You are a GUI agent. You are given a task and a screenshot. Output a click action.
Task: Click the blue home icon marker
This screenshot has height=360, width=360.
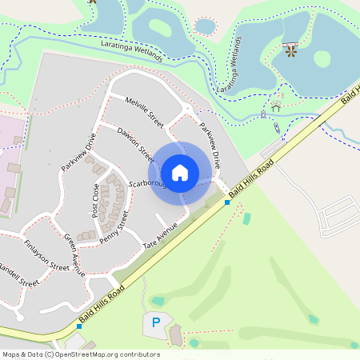click(x=180, y=173)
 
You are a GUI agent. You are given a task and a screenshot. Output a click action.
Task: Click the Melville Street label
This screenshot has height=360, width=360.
click(x=145, y=113)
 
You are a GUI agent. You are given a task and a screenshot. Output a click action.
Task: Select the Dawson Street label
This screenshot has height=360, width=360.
click(x=134, y=141)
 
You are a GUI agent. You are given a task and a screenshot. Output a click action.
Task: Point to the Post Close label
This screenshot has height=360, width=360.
click(x=95, y=201)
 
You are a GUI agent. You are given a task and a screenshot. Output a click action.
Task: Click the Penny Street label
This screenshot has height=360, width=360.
click(x=114, y=227)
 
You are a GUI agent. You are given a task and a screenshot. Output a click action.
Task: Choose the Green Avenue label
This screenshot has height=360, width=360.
click(x=74, y=255)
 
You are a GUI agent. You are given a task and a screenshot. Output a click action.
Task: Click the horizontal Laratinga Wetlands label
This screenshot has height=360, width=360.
click(x=132, y=50)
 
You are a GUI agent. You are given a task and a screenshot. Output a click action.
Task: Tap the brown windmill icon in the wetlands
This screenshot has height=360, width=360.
click(x=290, y=52)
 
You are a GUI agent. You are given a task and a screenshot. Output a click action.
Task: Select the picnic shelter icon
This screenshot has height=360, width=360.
click(x=277, y=104)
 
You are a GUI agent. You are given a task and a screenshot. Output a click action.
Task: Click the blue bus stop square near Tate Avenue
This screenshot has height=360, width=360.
click(x=227, y=202)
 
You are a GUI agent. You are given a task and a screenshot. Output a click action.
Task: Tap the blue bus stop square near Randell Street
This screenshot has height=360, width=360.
click(x=79, y=326)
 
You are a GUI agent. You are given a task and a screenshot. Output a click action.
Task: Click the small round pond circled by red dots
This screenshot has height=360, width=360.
click(x=206, y=26)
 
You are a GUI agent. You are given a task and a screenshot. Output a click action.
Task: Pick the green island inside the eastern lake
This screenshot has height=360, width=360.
click(x=322, y=58)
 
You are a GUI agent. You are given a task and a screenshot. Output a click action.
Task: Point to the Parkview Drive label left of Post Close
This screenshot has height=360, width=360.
click(x=78, y=152)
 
